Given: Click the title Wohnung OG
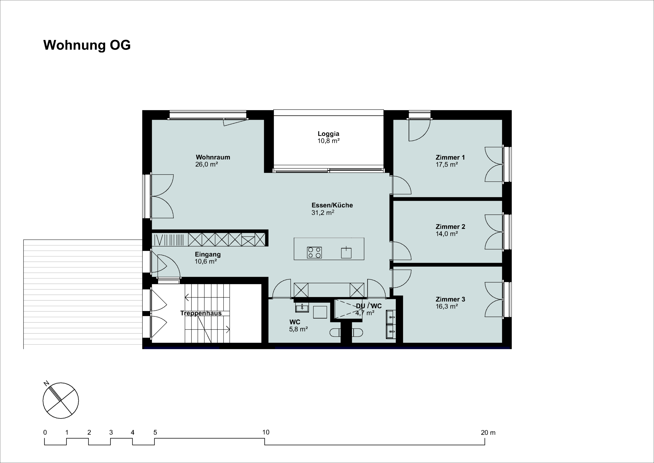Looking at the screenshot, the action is (87, 45).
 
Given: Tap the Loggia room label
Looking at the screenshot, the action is (329, 134).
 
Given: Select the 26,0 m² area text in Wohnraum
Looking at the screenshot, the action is (206, 164).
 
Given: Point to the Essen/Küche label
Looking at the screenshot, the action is (332, 205).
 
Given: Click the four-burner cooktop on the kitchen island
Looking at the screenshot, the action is (314, 252).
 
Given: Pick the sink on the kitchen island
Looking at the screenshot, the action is (346, 252).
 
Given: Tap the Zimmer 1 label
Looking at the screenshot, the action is (450, 157).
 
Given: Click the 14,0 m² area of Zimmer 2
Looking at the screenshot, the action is (447, 234).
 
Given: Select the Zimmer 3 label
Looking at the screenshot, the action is (450, 299).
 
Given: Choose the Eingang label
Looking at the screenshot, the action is (208, 254).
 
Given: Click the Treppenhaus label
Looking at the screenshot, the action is (201, 313).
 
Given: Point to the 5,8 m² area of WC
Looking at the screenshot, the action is (298, 329).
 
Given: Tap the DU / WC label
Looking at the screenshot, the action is (369, 306).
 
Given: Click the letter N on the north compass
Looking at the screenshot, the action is (46, 383).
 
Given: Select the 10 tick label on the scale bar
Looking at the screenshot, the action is (266, 432).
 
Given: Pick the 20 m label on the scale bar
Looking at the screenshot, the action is (488, 433).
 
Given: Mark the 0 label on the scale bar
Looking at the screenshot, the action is (45, 433).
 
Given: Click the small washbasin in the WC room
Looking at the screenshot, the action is (302, 307).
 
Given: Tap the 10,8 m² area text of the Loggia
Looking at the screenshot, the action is (329, 141).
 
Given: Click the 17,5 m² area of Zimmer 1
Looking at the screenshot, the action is (447, 164).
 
